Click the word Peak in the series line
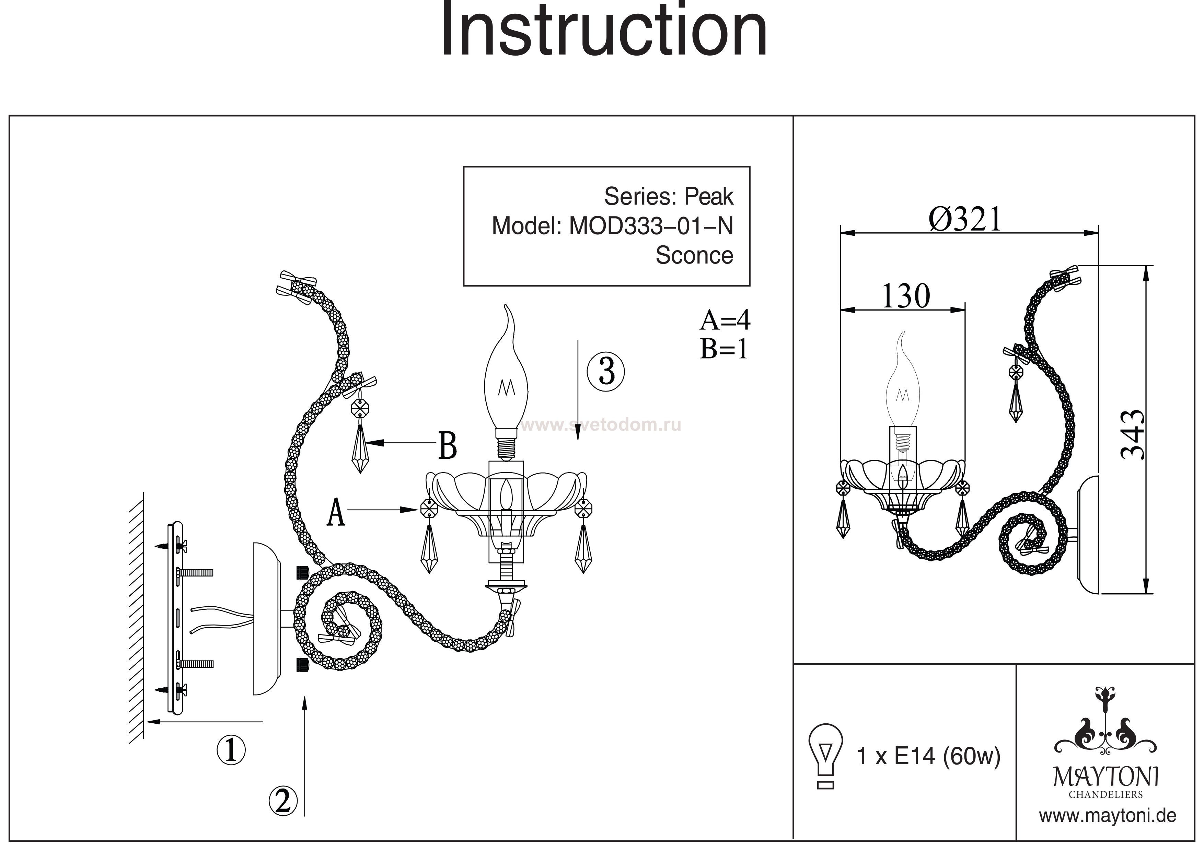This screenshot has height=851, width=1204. pos(709,197)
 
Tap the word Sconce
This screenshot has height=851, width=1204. pos(694,255)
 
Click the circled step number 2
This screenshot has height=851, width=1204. pos(283,801)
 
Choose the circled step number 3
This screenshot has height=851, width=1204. pos(606,371)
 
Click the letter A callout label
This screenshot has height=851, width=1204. pos(336,512)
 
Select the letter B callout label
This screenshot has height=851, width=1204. pos(447,446)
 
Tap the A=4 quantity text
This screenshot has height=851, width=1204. pos(725,319)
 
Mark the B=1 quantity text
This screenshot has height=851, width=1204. pos(723,348)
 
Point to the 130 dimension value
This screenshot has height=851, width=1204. pos(906,296)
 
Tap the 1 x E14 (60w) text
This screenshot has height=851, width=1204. pos(928,756)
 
